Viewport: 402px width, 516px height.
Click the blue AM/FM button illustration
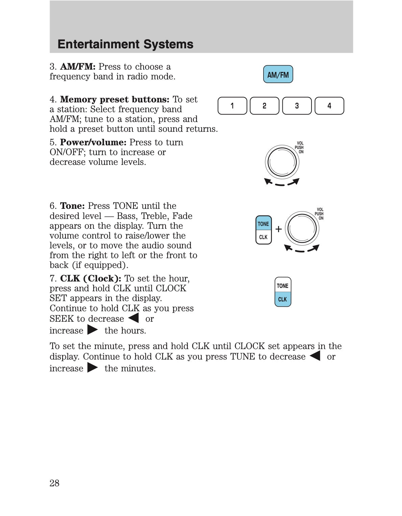pos(278,74)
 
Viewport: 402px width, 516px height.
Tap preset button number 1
pos(232,106)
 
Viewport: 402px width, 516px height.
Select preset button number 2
pos(265,106)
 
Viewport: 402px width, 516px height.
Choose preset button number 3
pos(297,106)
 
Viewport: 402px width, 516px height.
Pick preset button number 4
pos(329,106)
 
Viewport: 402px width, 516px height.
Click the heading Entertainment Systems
pos(125,44)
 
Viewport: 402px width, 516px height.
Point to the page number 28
pos(54,483)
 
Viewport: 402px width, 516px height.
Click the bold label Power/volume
pos(93,142)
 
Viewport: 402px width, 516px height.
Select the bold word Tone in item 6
pos(72,206)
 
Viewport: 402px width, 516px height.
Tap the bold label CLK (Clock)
pos(91,278)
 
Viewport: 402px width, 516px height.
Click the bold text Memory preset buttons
pos(115,99)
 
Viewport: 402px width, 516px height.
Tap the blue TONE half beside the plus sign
pos(263,223)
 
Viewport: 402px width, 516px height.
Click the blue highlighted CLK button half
pos(282,299)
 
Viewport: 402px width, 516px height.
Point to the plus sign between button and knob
pos(278,229)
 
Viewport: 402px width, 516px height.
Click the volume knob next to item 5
pos(282,162)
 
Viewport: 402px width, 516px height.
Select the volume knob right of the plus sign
pos(302,228)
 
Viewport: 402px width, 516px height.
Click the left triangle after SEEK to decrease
pos(134,318)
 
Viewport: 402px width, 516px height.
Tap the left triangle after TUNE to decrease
pos(315,356)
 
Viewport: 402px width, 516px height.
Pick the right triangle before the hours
pos(93,330)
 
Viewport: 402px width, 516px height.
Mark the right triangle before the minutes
pos(93,368)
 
